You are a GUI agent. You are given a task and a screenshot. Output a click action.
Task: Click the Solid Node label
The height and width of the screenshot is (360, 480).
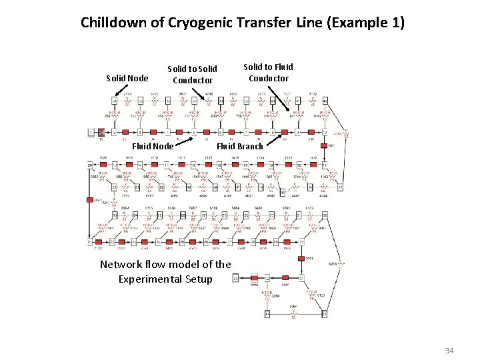(x=127, y=78)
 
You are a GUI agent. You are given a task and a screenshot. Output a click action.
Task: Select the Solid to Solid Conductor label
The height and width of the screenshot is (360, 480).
(x=192, y=74)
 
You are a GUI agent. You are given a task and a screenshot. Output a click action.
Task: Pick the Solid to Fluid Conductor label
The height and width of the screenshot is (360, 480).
(x=268, y=72)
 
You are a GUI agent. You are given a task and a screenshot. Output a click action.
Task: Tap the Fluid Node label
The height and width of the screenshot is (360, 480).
(x=153, y=146)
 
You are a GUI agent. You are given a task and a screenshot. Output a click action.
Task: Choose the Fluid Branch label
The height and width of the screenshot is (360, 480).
(x=241, y=146)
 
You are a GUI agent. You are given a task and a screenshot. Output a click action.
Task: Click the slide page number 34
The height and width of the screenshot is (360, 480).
(x=449, y=350)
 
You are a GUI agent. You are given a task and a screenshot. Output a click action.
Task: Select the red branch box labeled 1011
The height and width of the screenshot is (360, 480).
(x=323, y=145)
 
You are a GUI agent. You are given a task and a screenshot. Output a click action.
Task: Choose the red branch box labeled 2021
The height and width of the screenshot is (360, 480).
(x=89, y=199)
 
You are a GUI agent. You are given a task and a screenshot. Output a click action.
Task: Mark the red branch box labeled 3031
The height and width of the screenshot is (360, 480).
(x=303, y=259)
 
